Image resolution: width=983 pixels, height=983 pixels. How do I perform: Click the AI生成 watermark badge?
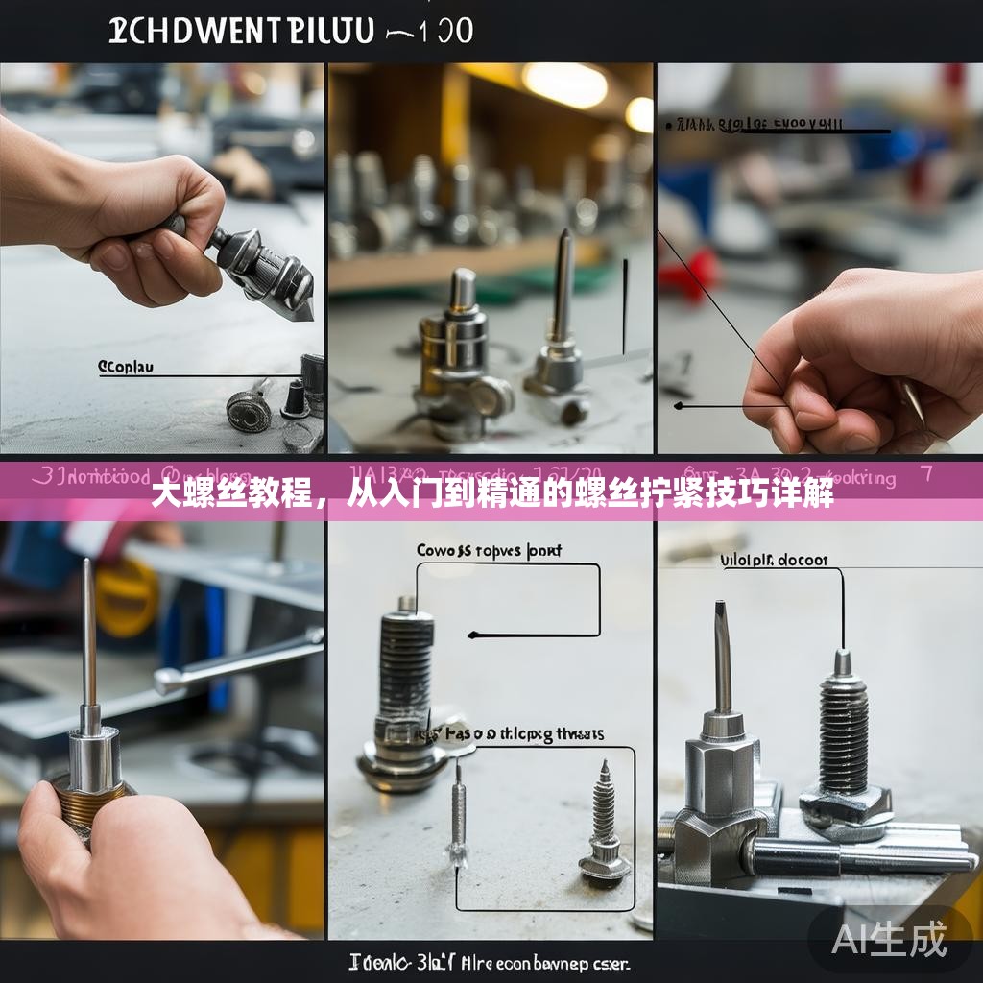889,938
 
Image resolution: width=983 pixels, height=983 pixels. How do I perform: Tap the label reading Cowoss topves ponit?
489,551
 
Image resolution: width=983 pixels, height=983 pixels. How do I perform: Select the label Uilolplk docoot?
774,560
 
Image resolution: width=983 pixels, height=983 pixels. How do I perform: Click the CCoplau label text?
126,367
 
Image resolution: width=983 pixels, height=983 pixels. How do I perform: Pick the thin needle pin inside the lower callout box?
459,816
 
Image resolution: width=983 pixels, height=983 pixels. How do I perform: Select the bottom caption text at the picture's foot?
490,962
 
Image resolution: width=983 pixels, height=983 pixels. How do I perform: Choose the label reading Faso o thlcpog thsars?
525,734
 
